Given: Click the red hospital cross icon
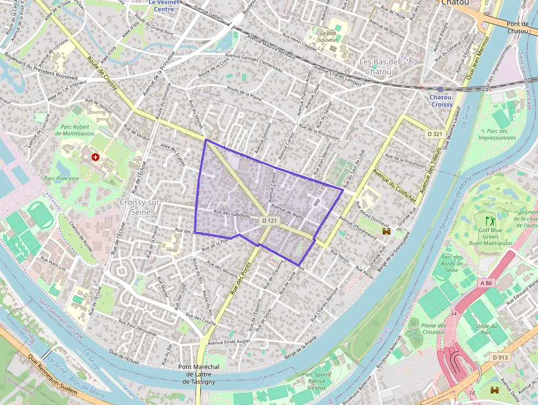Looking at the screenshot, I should point(96,157).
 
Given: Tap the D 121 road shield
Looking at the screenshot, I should point(269,220).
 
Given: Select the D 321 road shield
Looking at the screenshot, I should point(434,134).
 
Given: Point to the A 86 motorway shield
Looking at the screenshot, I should point(486,282).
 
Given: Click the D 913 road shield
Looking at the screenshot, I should point(500,357).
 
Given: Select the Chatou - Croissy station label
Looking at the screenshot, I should point(441,101).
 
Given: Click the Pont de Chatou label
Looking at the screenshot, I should point(517,27).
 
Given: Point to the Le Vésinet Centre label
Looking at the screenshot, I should point(164,5).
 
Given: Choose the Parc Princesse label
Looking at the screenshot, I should point(61,178).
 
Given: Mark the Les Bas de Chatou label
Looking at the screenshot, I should point(378,66).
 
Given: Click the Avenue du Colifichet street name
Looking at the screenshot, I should point(394,186).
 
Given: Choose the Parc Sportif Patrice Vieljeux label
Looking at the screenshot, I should point(317,381).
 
